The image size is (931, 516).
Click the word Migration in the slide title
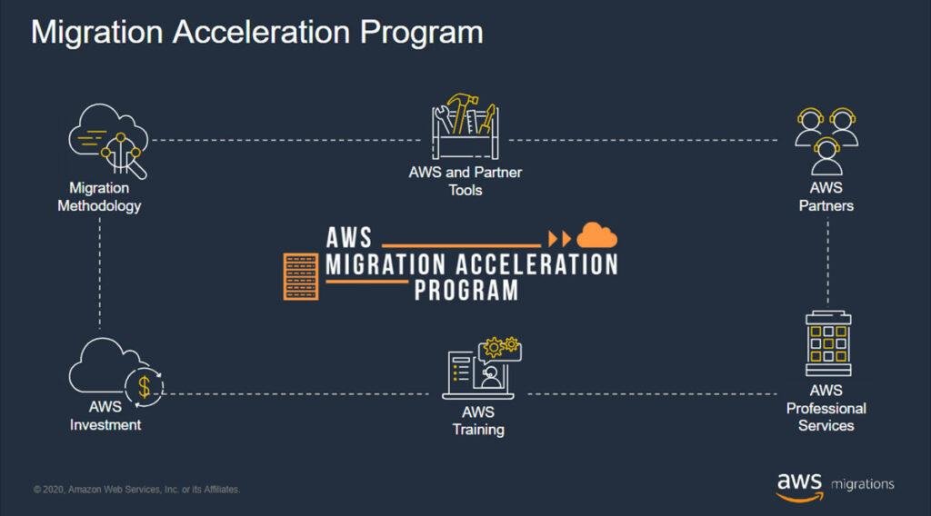click(x=96, y=34)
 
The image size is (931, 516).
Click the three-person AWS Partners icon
click(x=826, y=141)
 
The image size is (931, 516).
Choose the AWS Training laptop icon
click(x=482, y=368)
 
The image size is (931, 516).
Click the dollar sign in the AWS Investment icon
click(x=145, y=387)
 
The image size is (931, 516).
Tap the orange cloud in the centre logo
click(x=596, y=235)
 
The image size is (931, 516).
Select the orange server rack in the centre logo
click(x=301, y=276)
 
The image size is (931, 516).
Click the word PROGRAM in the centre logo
click(x=466, y=291)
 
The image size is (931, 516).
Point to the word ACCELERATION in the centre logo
click(x=536, y=264)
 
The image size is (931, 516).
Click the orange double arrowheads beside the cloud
click(x=559, y=239)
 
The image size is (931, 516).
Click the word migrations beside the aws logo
click(x=863, y=484)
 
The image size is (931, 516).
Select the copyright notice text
click(x=136, y=490)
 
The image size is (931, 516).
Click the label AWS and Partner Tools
click(x=465, y=181)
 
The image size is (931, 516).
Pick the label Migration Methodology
click(x=99, y=197)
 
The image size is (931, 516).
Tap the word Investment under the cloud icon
click(x=105, y=424)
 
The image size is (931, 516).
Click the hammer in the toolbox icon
click(x=462, y=112)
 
